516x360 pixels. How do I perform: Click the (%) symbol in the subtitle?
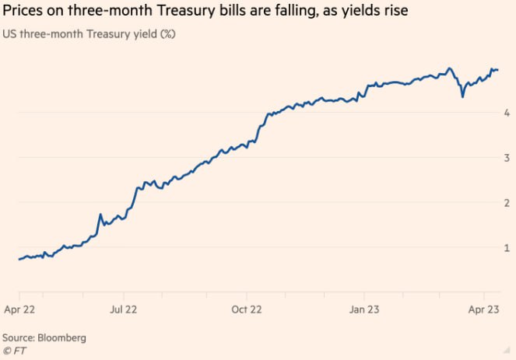click(x=166, y=34)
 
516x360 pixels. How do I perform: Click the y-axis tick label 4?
click(x=507, y=113)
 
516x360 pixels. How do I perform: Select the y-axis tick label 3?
click(x=507, y=158)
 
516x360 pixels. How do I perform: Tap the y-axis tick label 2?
click(x=507, y=203)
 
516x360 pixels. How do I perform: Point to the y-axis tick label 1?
click(x=507, y=248)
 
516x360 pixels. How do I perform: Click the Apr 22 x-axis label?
click(x=19, y=309)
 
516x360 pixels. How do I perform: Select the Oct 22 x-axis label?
click(x=247, y=309)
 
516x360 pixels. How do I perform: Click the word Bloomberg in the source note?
click(x=61, y=338)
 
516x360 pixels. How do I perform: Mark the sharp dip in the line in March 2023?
click(x=463, y=96)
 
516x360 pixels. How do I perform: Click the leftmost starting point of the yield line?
click(x=19, y=259)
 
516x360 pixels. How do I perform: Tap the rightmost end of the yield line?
click(x=498, y=70)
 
